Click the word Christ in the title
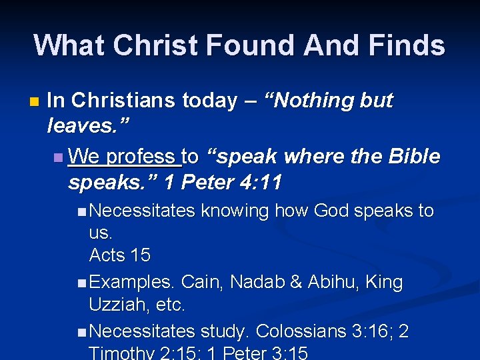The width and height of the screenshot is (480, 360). tap(155, 45)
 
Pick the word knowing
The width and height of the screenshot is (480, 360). tap(235, 211)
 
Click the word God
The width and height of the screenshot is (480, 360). tap(331, 211)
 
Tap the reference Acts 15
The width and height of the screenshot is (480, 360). tap(120, 255)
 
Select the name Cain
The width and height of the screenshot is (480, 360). tap(202, 282)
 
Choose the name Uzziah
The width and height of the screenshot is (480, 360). tap(115, 305)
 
